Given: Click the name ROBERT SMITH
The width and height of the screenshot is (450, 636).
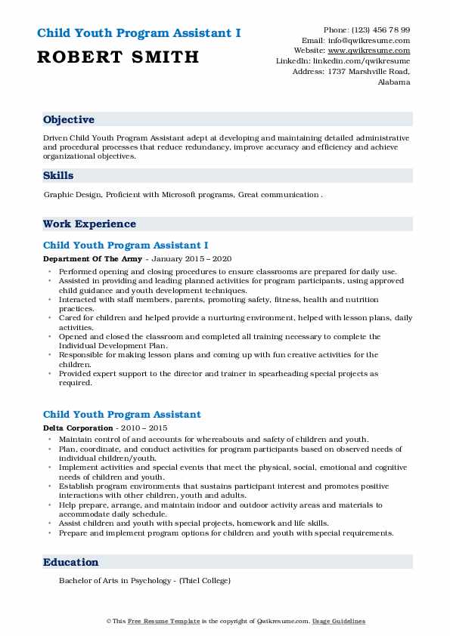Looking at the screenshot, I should pyautogui.click(x=118, y=57).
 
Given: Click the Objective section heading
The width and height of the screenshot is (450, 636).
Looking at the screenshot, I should pyautogui.click(x=69, y=120).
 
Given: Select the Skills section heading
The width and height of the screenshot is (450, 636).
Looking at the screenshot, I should pyautogui.click(x=58, y=176).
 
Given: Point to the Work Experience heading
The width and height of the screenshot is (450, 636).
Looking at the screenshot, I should pyautogui.click(x=89, y=224).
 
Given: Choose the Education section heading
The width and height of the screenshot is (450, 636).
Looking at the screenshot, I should pyautogui.click(x=70, y=563).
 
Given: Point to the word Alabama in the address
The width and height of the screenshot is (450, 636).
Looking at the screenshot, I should pyautogui.click(x=394, y=82).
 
